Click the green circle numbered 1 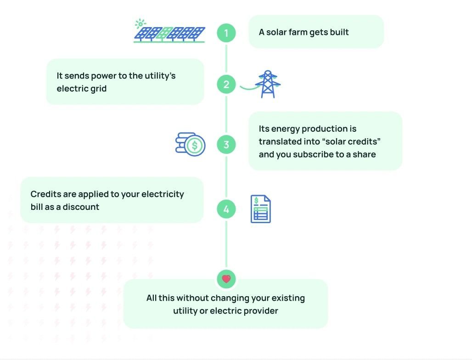226,33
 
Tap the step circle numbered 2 226,84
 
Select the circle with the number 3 226,145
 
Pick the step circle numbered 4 226,209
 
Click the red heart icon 226,279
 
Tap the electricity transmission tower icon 268,84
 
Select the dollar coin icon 195,146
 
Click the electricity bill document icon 260,209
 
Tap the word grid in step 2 98,89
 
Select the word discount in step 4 81,207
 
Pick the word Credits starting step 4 45,194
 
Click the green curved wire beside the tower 248,88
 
